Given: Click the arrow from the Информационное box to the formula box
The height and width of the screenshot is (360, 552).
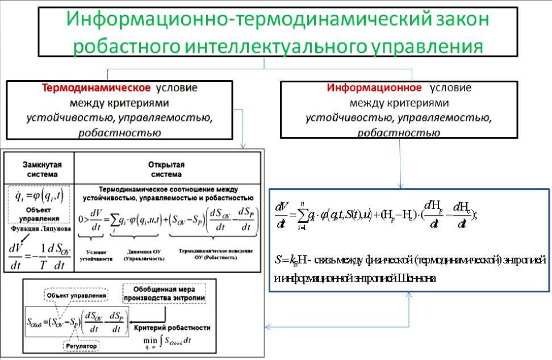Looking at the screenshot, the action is click(401, 165).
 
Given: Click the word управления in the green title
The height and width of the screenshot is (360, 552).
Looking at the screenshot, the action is click(434, 45).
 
